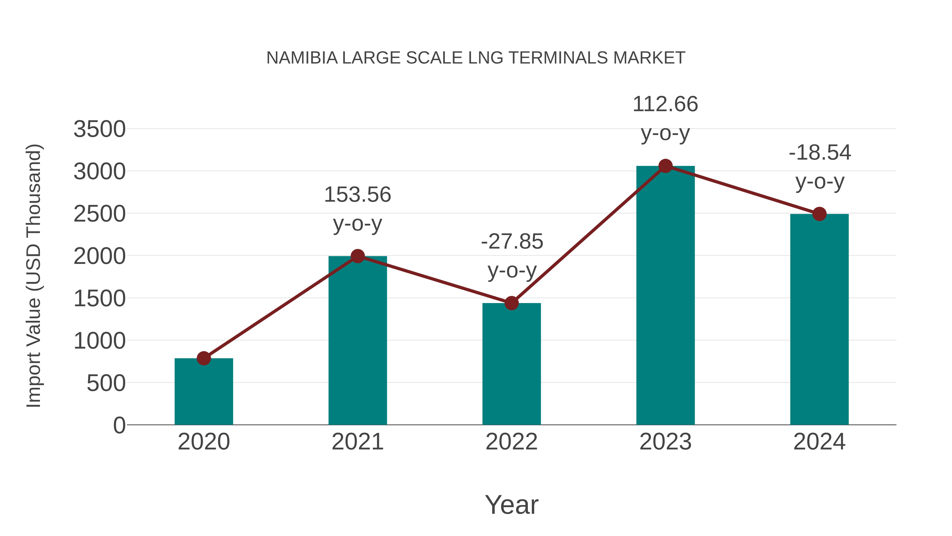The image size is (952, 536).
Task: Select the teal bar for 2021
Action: click(x=357, y=340)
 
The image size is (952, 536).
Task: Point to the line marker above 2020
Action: click(x=204, y=358)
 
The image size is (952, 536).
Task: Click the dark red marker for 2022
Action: click(x=511, y=303)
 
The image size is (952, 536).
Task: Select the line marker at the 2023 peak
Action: click(x=665, y=166)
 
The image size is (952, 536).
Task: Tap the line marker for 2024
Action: click(x=819, y=214)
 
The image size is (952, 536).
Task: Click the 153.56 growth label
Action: click(x=357, y=195)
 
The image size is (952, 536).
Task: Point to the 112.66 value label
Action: click(x=665, y=104)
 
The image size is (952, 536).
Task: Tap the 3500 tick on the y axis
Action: click(x=99, y=129)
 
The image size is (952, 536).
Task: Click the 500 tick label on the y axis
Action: click(x=106, y=383)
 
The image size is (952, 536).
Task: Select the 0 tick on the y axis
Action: click(x=119, y=425)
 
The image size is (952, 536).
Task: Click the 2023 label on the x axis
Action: click(x=665, y=442)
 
